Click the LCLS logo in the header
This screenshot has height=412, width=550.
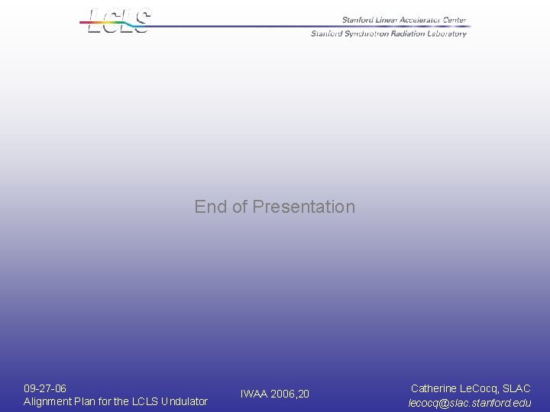(x=118, y=21)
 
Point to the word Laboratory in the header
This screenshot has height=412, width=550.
(x=445, y=34)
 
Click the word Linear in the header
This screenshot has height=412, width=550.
(x=383, y=21)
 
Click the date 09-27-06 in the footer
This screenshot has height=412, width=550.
(x=45, y=388)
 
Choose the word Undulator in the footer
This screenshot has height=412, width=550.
(x=183, y=401)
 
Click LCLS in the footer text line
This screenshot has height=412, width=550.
(x=144, y=401)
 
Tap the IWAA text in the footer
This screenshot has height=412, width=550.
(x=254, y=394)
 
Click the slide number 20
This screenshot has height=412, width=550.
(x=304, y=394)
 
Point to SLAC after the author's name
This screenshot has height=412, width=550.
(x=516, y=389)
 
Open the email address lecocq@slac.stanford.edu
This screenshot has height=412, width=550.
(x=470, y=403)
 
